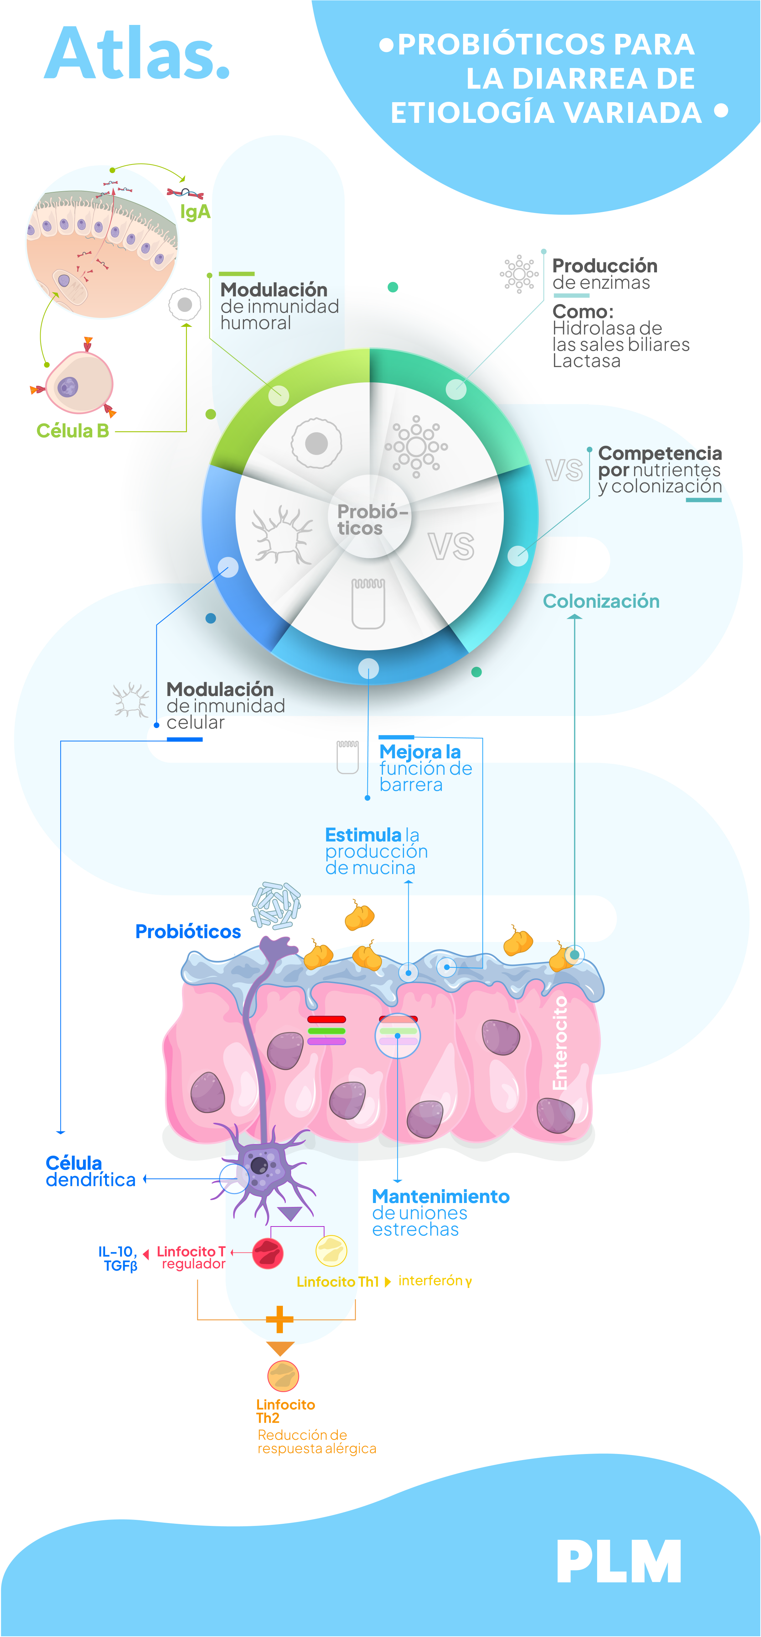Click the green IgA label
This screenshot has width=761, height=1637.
[195, 211]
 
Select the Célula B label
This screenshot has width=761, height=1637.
[72, 431]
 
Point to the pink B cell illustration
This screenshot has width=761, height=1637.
[78, 383]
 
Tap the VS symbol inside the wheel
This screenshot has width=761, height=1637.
[451, 546]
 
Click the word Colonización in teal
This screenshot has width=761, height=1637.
[601, 601]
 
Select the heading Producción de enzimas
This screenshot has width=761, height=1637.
[604, 274]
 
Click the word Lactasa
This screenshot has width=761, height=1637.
[586, 361]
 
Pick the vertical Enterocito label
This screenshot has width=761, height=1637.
[560, 1042]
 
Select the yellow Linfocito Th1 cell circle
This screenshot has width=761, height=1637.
[331, 1251]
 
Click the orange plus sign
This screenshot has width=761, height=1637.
[280, 1320]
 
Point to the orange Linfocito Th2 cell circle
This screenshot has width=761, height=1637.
[283, 1376]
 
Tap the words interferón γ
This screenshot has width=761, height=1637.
[435, 1281]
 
